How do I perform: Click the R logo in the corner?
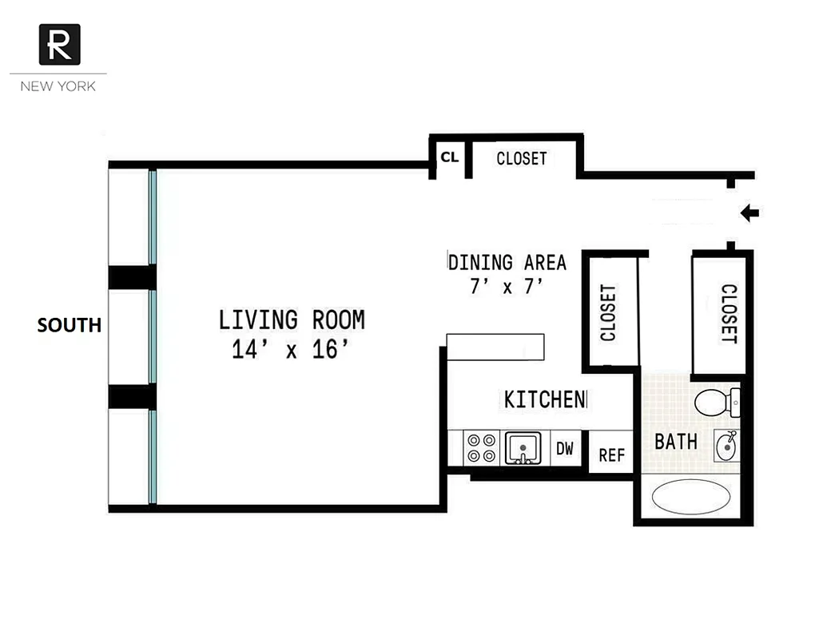coord(59,44)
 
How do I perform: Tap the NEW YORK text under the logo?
coord(58,85)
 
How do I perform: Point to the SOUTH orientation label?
coord(70,325)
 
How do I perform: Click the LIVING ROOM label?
coord(292,320)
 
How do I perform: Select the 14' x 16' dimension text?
coord(291,350)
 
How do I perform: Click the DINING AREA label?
coord(507,262)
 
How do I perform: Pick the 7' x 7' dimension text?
coord(507,287)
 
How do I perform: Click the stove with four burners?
coord(482,448)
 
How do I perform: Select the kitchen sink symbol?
coord(523,448)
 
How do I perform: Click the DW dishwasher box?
coord(565,449)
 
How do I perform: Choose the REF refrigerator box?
coord(611,455)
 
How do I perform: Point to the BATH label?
coord(676,441)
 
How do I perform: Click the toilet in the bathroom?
coord(717,403)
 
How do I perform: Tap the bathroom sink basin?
coord(726,443)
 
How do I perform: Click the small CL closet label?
coord(449,157)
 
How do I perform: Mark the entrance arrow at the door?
coord(749,213)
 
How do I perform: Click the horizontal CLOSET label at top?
coord(522,158)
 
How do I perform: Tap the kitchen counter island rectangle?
coord(495,347)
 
